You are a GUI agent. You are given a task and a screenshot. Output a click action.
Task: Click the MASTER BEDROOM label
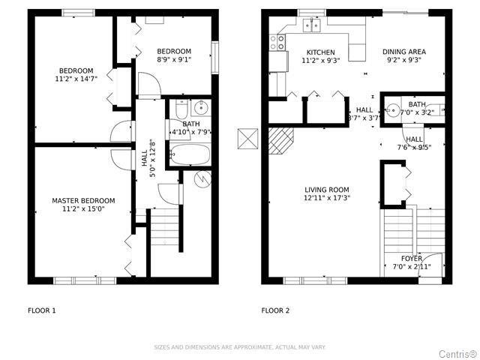[83, 200]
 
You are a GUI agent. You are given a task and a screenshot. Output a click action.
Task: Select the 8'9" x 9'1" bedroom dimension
[174, 60]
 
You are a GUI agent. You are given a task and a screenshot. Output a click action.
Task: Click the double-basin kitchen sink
[311, 25]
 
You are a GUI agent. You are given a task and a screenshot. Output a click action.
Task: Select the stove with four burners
[278, 41]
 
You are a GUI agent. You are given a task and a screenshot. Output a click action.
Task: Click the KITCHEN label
[320, 52]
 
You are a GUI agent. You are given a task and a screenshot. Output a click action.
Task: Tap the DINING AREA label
[403, 52]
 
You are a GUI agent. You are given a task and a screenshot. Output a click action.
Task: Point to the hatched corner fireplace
[281, 140]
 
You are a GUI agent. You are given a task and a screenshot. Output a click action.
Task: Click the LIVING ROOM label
[326, 189]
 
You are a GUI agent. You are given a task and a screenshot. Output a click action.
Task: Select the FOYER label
[411, 258]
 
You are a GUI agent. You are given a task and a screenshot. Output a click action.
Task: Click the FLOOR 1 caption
[42, 310]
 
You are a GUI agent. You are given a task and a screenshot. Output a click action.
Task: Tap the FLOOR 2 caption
[275, 310]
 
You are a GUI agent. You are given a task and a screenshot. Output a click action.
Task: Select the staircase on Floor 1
[166, 225]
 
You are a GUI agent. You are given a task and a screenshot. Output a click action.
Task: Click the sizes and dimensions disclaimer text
[240, 346]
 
